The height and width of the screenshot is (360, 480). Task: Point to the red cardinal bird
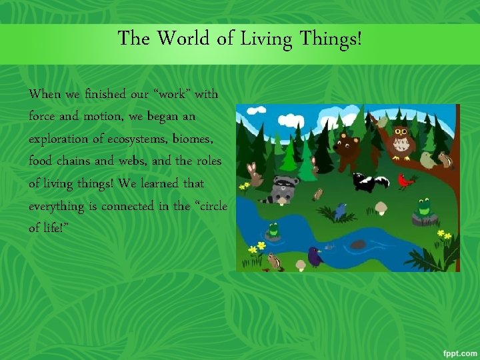(406, 180)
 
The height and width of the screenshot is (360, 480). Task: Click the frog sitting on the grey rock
(423, 208)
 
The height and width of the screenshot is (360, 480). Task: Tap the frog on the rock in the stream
(272, 231)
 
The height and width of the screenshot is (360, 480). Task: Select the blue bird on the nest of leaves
(341, 211)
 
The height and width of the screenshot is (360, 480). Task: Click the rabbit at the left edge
(254, 174)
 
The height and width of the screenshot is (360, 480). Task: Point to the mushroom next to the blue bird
(381, 208)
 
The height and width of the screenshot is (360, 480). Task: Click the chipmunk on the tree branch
(445, 159)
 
